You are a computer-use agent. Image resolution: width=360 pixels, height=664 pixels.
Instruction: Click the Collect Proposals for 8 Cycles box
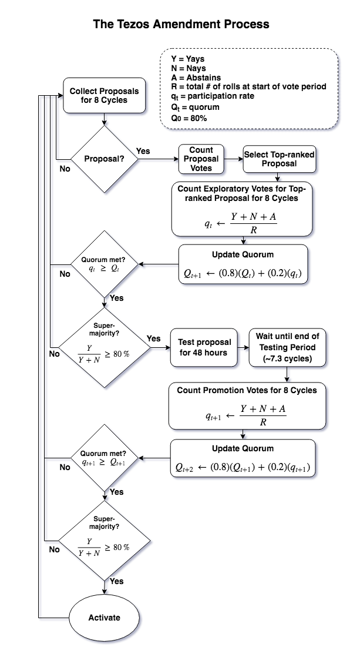(104, 95)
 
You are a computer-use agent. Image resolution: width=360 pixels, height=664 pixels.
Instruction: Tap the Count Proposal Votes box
(201, 159)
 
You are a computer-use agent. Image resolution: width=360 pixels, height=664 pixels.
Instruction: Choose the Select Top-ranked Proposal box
(279, 159)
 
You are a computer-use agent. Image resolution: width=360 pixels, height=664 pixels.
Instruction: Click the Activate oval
(105, 618)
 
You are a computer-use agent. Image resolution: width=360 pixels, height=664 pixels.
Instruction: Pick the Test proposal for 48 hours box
(205, 347)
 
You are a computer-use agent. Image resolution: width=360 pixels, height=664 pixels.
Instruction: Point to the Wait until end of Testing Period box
(287, 347)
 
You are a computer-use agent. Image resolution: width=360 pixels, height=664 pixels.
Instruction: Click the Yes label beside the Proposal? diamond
(143, 151)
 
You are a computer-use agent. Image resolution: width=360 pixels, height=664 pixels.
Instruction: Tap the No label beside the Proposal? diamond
(65, 169)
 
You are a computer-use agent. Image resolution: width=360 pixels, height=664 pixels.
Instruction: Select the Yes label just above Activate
(116, 581)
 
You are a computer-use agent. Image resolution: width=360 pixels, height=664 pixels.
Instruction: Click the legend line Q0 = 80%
(189, 118)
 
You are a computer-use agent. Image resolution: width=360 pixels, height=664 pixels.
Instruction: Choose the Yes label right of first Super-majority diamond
(153, 338)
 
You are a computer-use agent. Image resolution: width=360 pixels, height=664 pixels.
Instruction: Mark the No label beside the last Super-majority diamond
(55, 549)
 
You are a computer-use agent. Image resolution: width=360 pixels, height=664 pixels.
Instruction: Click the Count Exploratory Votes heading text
(241, 193)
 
